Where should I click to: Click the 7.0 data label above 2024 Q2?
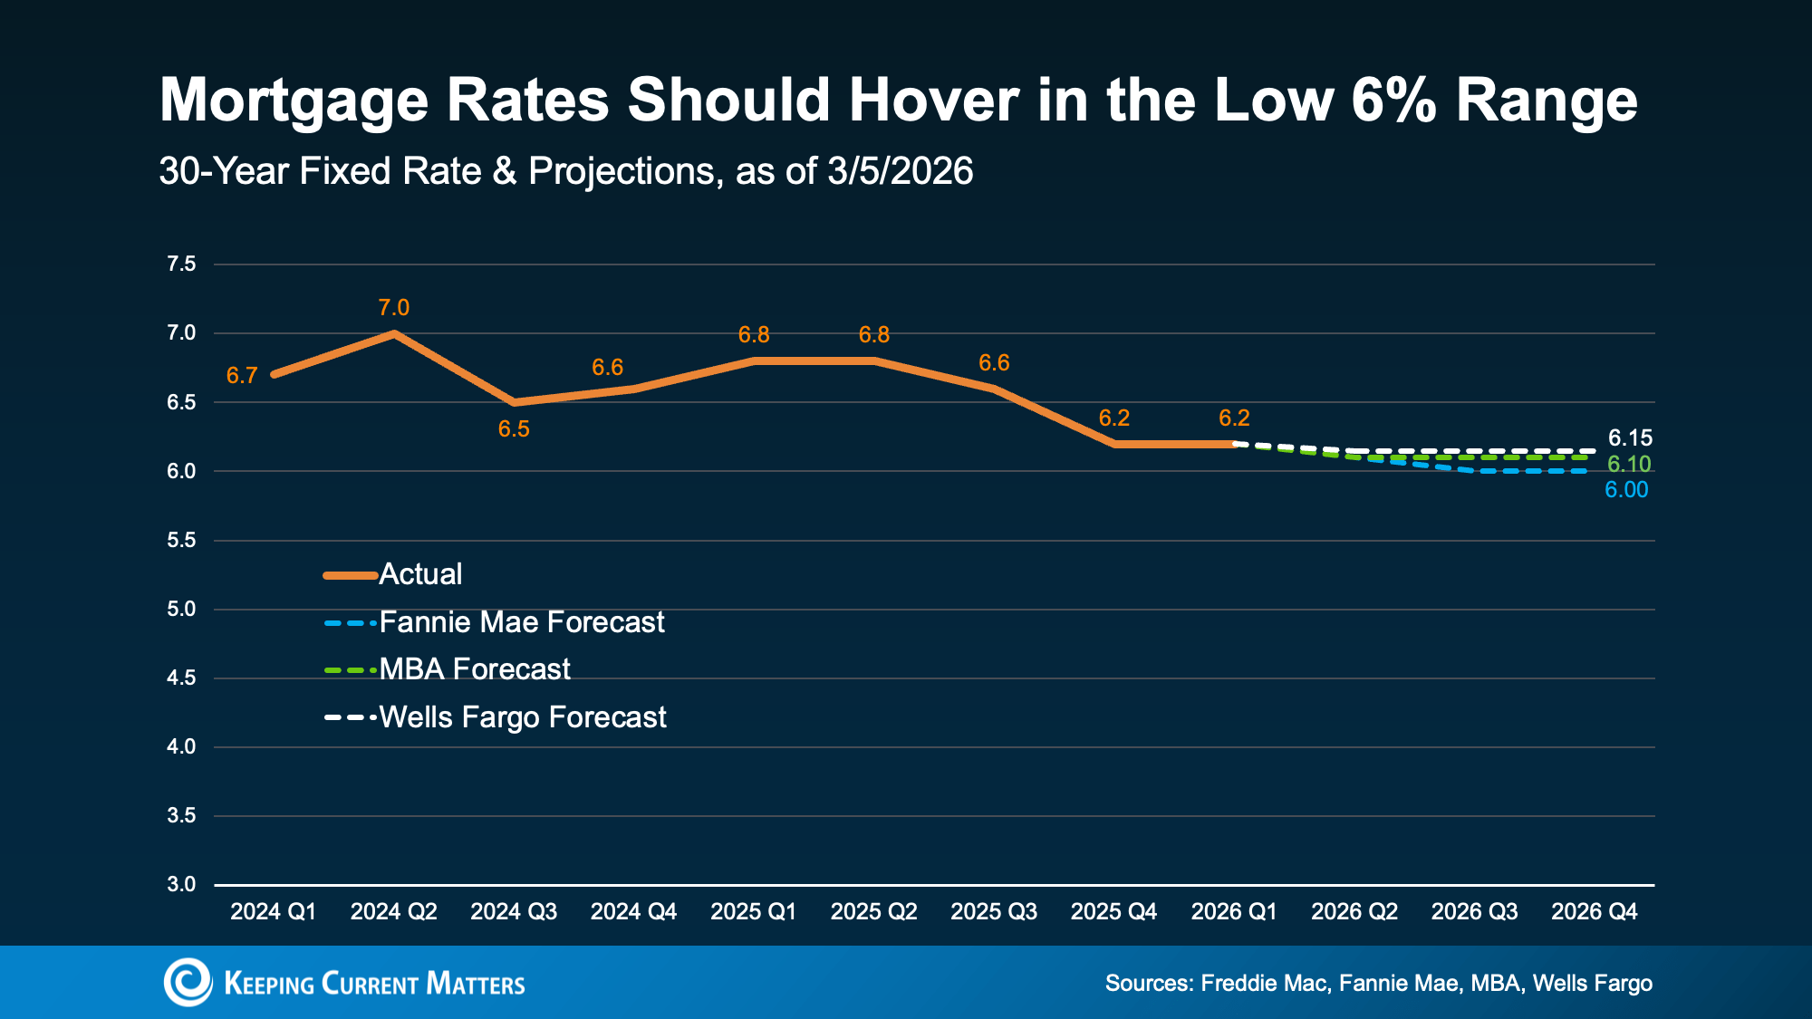393,308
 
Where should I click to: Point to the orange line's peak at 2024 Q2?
393,333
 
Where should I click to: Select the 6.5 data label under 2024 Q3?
514,429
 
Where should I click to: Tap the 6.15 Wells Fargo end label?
1630,438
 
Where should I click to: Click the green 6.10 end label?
1629,465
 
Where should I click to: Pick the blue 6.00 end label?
1626,490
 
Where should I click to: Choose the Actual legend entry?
420,574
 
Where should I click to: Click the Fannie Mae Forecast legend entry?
521,622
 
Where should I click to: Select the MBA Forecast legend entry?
474,669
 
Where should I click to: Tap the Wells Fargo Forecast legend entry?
522,717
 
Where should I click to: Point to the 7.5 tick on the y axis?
181,264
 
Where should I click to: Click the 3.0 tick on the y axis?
181,884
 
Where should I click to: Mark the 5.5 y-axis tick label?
181,540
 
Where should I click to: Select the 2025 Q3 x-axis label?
993,911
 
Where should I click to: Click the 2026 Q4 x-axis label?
1594,911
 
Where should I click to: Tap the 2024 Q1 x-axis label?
273,911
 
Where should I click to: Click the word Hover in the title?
933,100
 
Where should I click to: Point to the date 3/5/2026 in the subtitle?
900,171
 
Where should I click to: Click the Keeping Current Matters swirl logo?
188,983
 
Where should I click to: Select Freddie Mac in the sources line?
1265,984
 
